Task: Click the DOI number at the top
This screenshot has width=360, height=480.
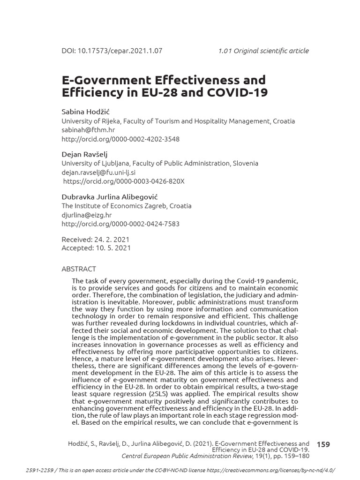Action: pyautogui.click(x=112, y=51)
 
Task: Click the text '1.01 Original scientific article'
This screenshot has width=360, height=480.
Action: pyautogui.click(x=263, y=51)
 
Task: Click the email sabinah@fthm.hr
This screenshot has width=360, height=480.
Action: pyautogui.click(x=89, y=130)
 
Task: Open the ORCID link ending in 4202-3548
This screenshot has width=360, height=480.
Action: pyautogui.click(x=120, y=139)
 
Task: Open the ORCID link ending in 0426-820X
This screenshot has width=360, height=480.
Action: pyautogui.click(x=124, y=181)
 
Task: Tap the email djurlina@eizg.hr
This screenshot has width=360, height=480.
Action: pyautogui.click(x=87, y=215)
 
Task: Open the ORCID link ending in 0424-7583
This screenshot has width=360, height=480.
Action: pyautogui.click(x=120, y=224)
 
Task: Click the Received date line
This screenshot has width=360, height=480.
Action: pyautogui.click(x=96, y=239)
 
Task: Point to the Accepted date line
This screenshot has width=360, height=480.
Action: pyautogui.click(x=96, y=248)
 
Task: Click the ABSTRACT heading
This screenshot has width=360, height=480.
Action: pyautogui.click(x=79, y=269)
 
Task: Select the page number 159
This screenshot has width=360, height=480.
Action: pyautogui.click(x=323, y=444)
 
